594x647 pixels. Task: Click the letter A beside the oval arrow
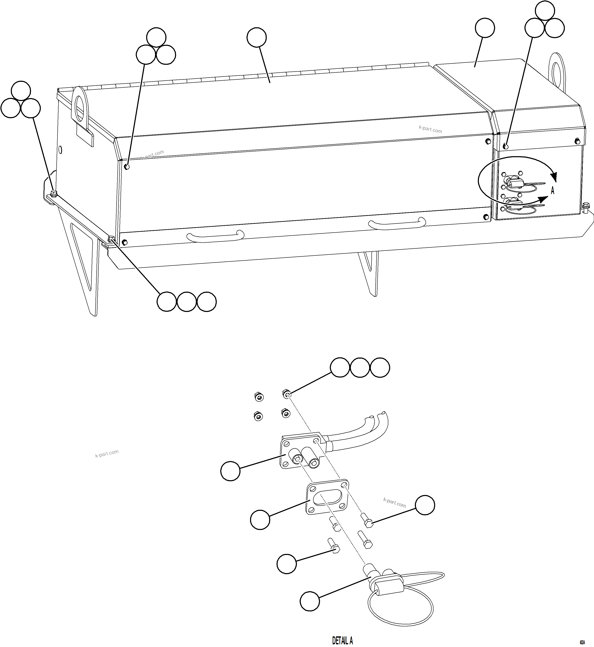553,191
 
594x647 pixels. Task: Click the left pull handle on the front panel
215,236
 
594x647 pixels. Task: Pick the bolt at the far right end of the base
586,207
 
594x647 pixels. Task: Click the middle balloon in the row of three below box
186,302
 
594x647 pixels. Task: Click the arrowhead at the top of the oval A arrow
553,177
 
